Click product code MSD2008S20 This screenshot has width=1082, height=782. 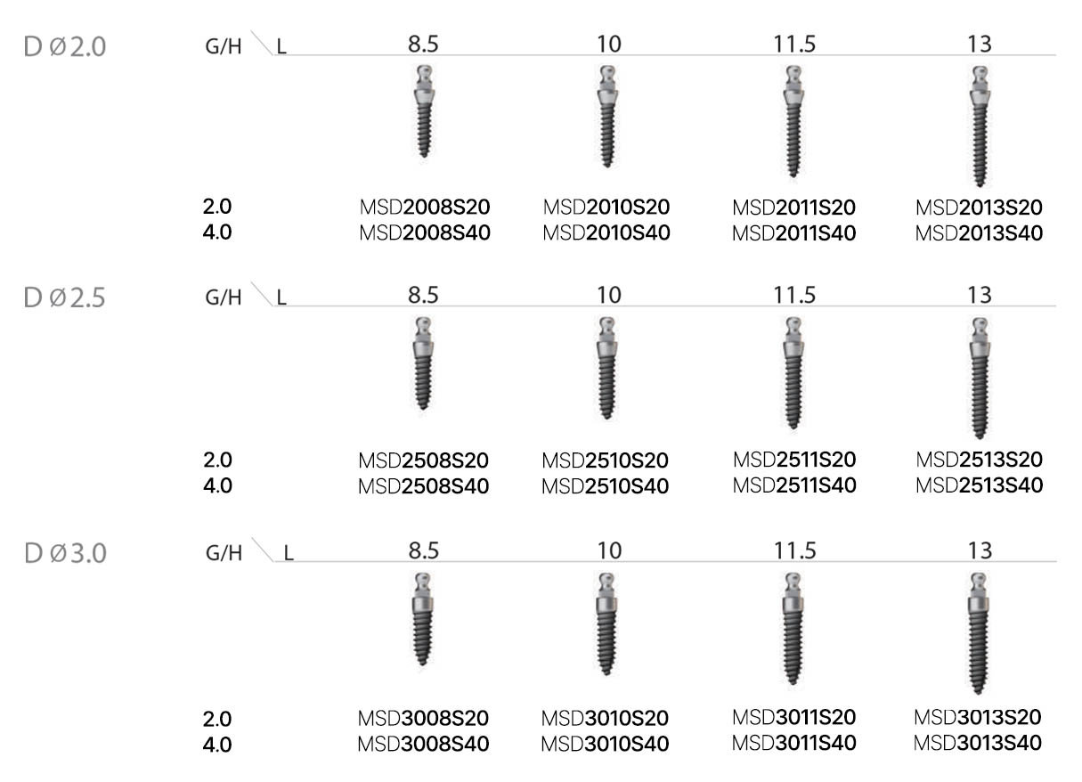[424, 208]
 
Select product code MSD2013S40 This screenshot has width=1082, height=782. [979, 233]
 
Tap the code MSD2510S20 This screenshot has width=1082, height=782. [606, 460]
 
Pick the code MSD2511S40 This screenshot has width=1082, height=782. [794, 485]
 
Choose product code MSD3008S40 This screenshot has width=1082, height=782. [424, 744]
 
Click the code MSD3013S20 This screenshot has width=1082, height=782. [979, 717]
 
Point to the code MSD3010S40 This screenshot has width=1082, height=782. [606, 744]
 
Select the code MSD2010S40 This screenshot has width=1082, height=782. [606, 233]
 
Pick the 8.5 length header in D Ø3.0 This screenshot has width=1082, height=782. [424, 550]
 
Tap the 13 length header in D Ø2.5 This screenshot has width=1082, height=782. [979, 296]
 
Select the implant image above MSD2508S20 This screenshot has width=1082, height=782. [424, 363]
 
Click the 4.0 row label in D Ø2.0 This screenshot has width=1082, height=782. [217, 233]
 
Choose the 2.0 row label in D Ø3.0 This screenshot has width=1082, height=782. [217, 718]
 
